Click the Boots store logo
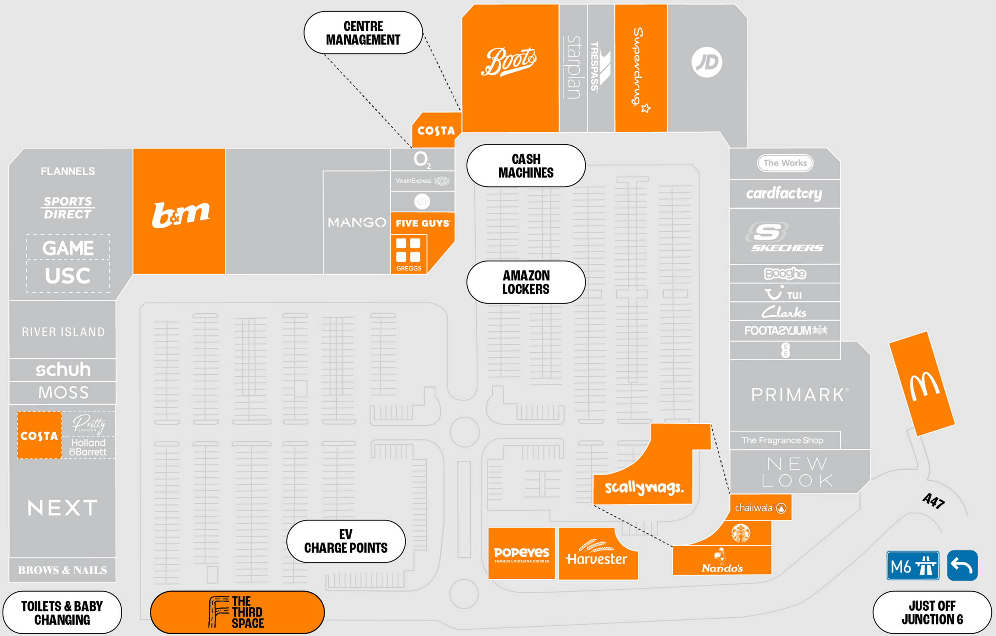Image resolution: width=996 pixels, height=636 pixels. [x=509, y=62]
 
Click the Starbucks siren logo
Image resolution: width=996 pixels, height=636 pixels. [x=740, y=533]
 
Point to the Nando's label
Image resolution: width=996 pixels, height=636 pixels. [x=722, y=568]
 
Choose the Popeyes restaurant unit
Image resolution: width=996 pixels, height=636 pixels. [x=521, y=554]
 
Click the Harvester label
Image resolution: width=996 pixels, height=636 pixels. [x=596, y=558]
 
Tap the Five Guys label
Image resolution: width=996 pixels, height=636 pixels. [x=422, y=223]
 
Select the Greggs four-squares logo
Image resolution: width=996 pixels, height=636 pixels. [x=408, y=250]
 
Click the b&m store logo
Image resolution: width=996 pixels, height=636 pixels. [x=181, y=215]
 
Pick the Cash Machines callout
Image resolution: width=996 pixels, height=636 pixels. [x=526, y=166]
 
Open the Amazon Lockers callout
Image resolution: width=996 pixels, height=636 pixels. [x=526, y=282]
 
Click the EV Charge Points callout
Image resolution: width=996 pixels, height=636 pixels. [x=346, y=542]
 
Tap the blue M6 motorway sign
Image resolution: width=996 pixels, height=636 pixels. [x=912, y=566]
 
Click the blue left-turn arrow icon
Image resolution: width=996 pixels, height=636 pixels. [x=962, y=566]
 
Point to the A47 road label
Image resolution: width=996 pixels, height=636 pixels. [x=933, y=501]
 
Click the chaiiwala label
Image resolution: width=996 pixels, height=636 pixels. [x=754, y=508]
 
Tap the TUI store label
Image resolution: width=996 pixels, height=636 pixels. [x=784, y=294]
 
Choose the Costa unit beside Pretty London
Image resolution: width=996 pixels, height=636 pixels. [x=39, y=435]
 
